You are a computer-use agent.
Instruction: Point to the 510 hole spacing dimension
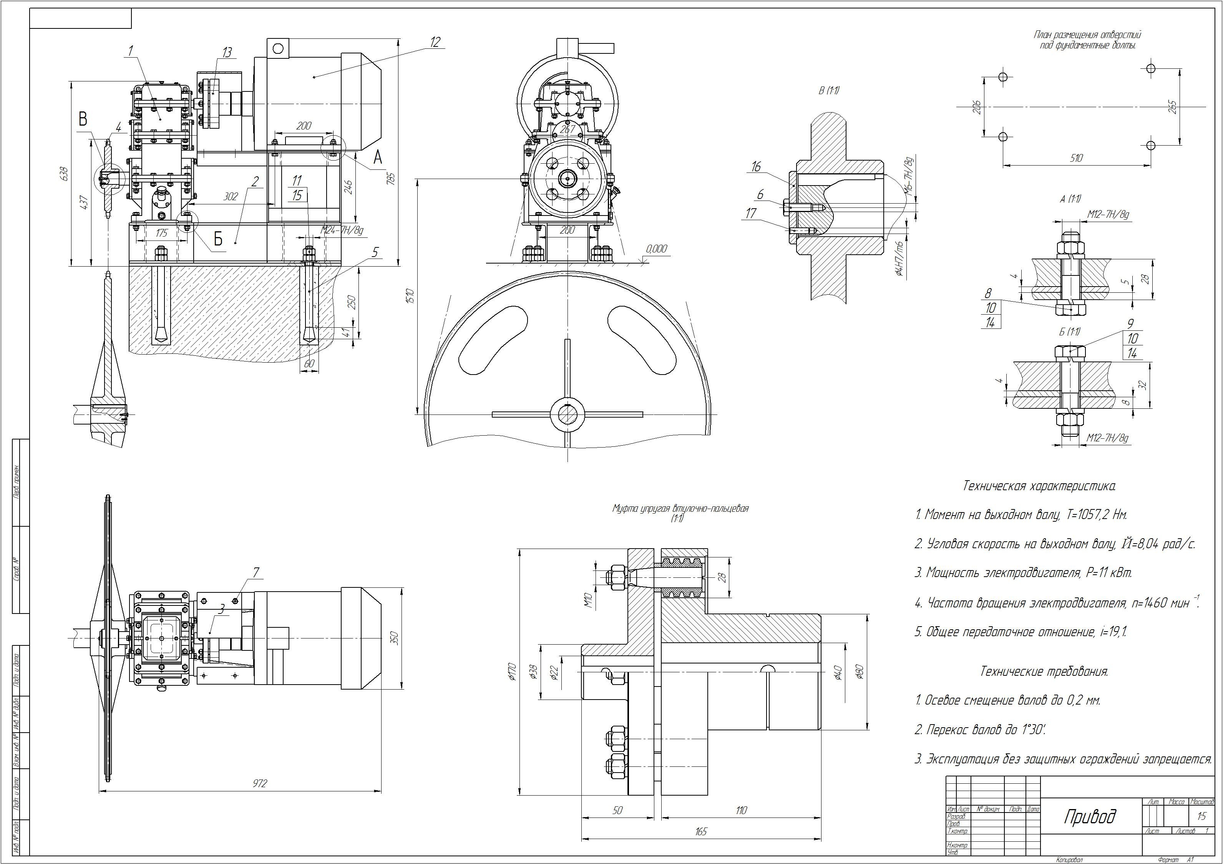(1076, 158)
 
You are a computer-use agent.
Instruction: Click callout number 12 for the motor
(435, 42)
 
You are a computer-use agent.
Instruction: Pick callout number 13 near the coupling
(227, 52)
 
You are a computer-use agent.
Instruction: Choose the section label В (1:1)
(829, 91)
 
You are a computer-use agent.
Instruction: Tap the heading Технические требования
(1044, 672)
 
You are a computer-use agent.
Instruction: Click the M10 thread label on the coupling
(588, 601)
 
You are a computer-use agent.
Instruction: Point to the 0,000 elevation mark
(656, 249)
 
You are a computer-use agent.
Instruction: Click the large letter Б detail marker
(218, 240)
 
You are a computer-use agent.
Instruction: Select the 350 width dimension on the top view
(395, 638)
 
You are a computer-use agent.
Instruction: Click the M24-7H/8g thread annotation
(342, 230)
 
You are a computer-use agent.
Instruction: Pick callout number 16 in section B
(756, 167)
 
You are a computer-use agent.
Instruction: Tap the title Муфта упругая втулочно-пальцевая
(680, 508)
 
